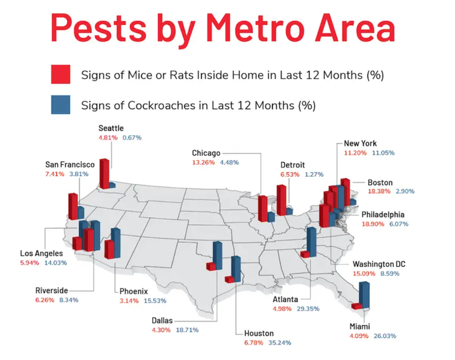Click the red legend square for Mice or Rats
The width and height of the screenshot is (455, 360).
(x=60, y=75)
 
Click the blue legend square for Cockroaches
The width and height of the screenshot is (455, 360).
(x=60, y=105)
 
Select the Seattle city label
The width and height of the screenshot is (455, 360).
(x=110, y=128)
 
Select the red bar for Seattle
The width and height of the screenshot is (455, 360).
(x=104, y=173)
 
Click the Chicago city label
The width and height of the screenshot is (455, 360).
(x=207, y=153)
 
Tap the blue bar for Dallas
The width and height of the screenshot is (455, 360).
(x=218, y=257)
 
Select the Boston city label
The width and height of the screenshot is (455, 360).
(x=380, y=182)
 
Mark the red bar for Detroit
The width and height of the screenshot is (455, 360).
(x=281, y=199)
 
